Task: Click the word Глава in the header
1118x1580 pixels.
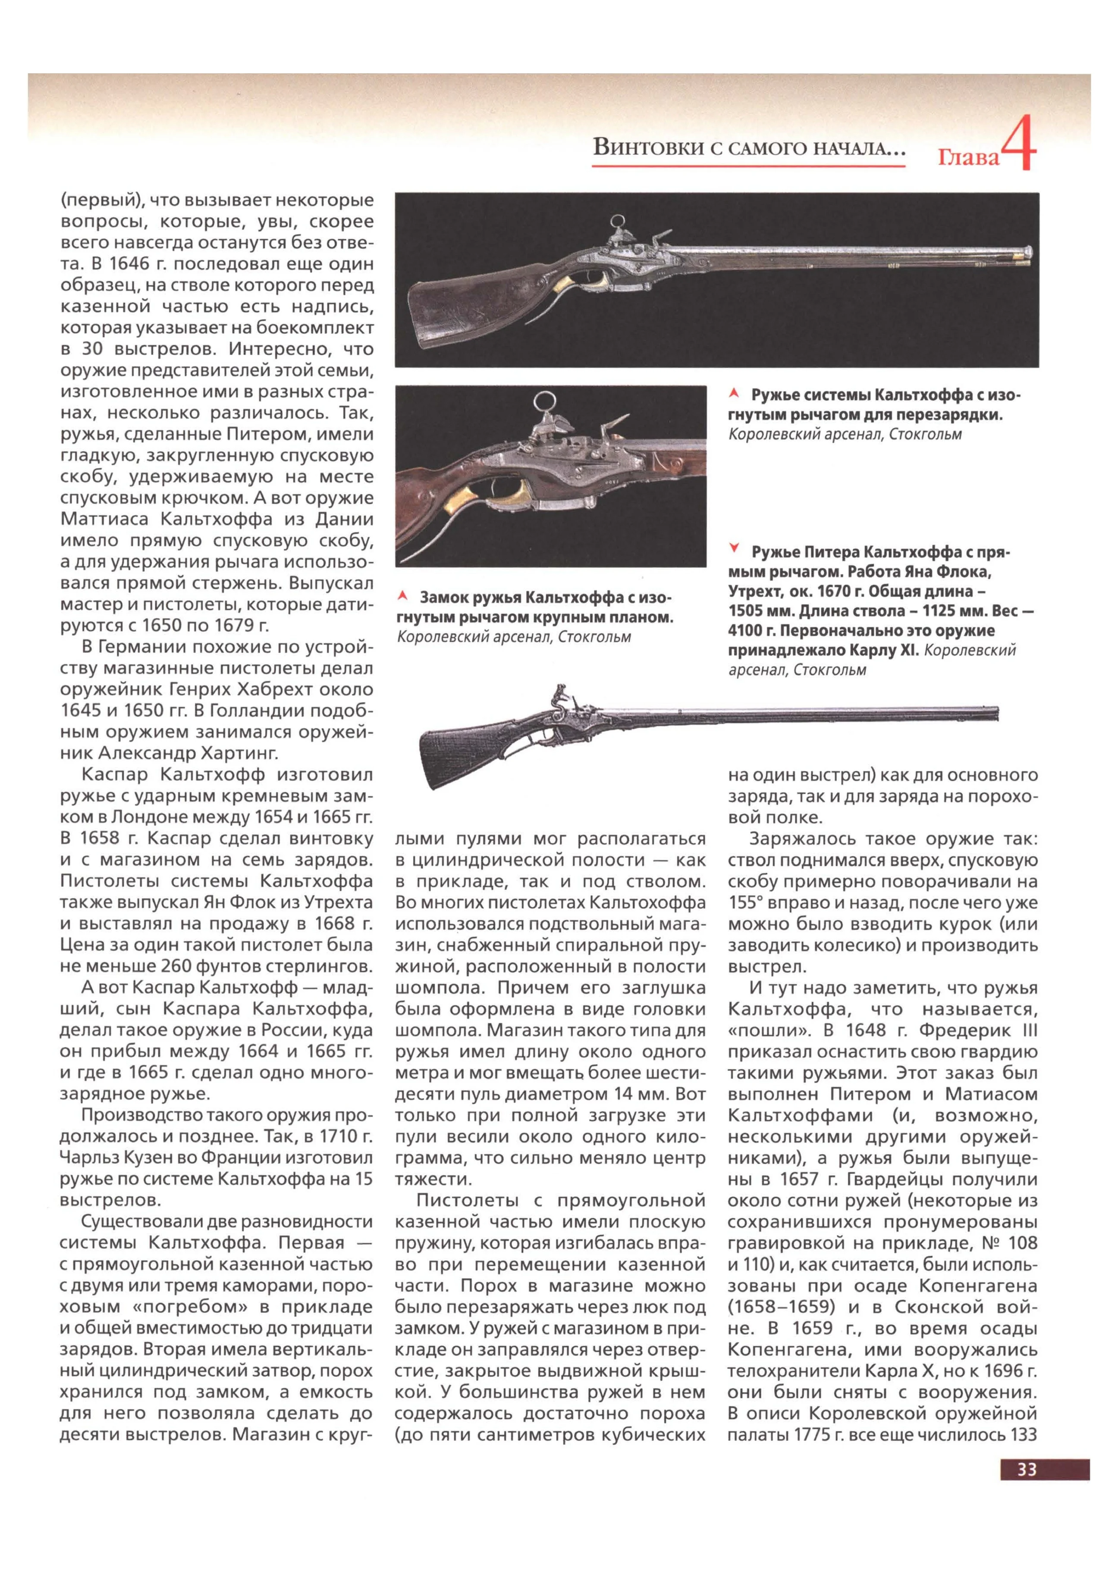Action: pos(968,158)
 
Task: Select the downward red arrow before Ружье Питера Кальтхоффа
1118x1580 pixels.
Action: pos(735,548)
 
